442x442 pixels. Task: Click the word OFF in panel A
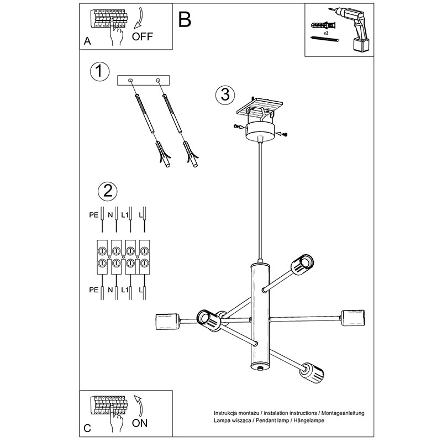coord(142,37)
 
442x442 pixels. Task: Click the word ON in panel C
coord(140,423)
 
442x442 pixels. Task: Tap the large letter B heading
coord(185,19)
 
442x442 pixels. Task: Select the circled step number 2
coord(107,191)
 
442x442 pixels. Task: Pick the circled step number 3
coord(223,94)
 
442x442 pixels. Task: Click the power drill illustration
coord(354,28)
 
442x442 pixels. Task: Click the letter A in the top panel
coord(86,41)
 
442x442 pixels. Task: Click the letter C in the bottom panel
coord(86,428)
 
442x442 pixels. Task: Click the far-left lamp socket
coord(166,320)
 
